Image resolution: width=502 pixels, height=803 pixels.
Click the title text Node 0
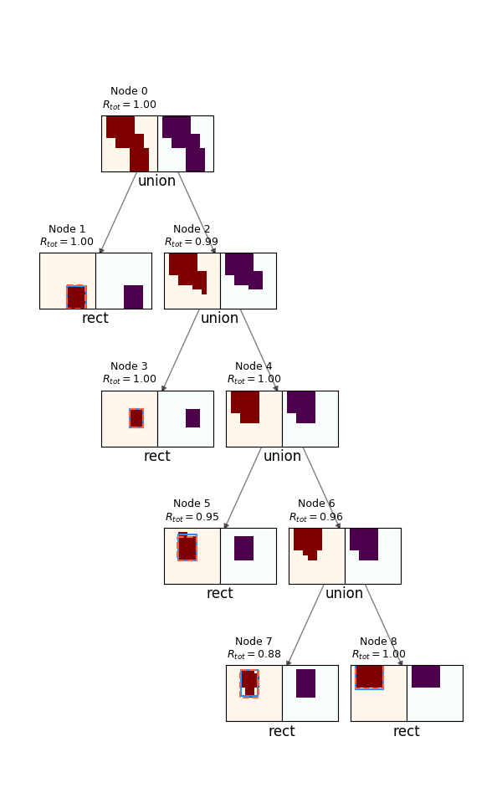(x=129, y=91)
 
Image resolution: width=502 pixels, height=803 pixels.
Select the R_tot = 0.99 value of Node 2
(x=191, y=242)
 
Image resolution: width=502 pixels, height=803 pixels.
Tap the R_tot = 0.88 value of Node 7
(x=254, y=654)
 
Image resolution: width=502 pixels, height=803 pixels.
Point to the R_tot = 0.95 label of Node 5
(x=192, y=517)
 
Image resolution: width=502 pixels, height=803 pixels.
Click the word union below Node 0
(x=156, y=181)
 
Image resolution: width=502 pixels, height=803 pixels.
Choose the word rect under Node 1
(x=95, y=318)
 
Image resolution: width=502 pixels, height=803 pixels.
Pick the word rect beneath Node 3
(x=156, y=456)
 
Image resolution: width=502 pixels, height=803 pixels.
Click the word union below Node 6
(x=344, y=593)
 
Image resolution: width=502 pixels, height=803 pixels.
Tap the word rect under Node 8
(x=407, y=731)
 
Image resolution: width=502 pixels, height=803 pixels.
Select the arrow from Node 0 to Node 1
(x=118, y=212)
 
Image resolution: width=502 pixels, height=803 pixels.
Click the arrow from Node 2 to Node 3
(x=181, y=350)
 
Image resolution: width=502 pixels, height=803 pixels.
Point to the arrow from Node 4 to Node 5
(x=243, y=488)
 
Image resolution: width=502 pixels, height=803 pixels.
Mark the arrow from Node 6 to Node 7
(x=305, y=626)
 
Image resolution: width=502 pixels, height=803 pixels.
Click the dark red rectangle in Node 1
(x=76, y=297)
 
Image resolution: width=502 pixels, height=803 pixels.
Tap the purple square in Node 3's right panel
(x=192, y=418)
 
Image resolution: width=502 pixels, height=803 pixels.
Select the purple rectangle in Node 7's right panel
(x=306, y=683)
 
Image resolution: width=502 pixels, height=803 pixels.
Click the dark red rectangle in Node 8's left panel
(x=369, y=677)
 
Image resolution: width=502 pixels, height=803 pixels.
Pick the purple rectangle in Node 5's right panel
(x=243, y=548)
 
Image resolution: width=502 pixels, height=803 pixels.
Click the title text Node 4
(x=254, y=366)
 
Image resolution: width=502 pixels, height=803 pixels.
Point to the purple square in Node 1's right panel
(x=133, y=297)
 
